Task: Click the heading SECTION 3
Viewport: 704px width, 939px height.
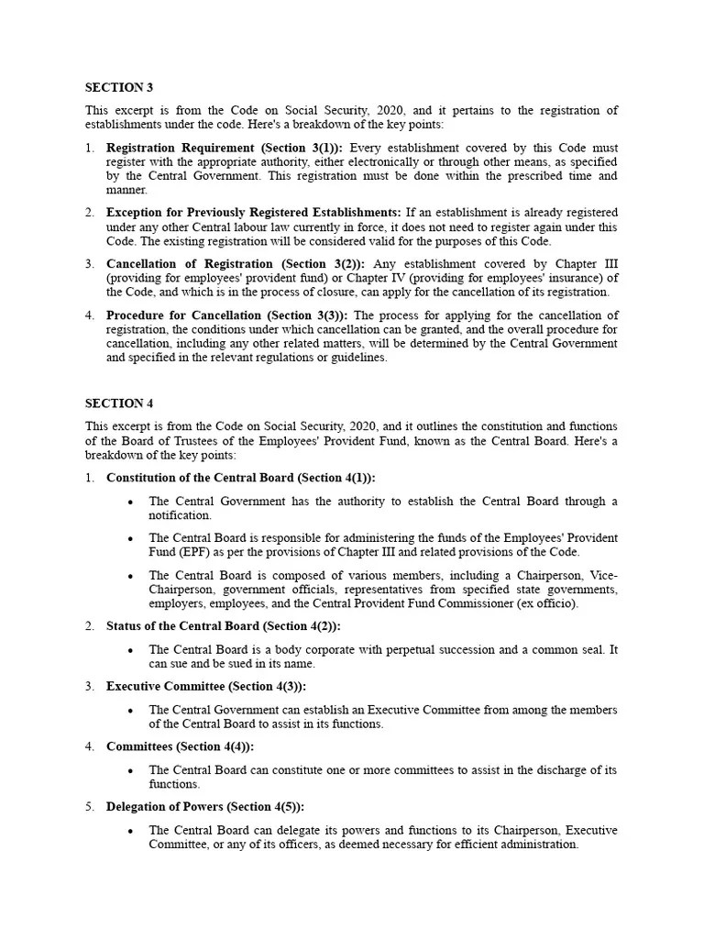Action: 119,88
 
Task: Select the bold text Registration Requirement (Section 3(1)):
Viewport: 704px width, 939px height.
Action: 225,148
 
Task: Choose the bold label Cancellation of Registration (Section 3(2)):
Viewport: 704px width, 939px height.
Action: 234,264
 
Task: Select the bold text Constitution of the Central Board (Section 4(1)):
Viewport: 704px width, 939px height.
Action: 241,478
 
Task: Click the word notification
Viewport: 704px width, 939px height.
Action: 180,515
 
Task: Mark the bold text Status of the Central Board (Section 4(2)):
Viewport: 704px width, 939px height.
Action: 223,626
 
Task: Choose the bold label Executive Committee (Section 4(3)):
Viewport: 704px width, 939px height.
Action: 206,686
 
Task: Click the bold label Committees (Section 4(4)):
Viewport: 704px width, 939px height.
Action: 181,746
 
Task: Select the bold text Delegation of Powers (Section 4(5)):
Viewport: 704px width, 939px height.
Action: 205,807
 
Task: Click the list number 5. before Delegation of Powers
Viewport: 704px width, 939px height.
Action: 90,807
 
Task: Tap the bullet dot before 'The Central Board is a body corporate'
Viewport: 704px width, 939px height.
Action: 132,650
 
